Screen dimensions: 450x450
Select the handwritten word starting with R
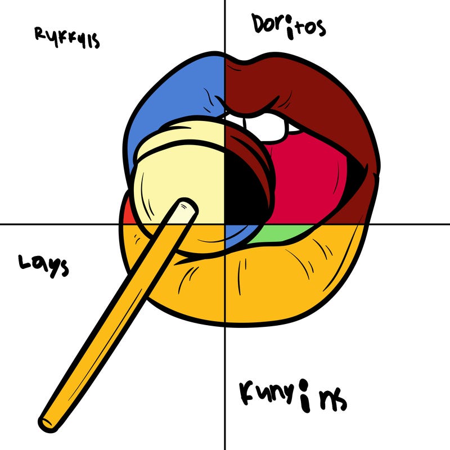coord(67,38)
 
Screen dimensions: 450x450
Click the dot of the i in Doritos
coord(291,21)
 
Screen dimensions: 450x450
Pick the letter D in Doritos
coord(259,24)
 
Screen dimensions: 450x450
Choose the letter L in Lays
coord(24,263)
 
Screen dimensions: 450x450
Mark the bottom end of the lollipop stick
coord(47,420)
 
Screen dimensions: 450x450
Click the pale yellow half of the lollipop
coord(180,169)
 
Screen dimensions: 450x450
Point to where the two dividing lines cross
coord(225,224)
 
